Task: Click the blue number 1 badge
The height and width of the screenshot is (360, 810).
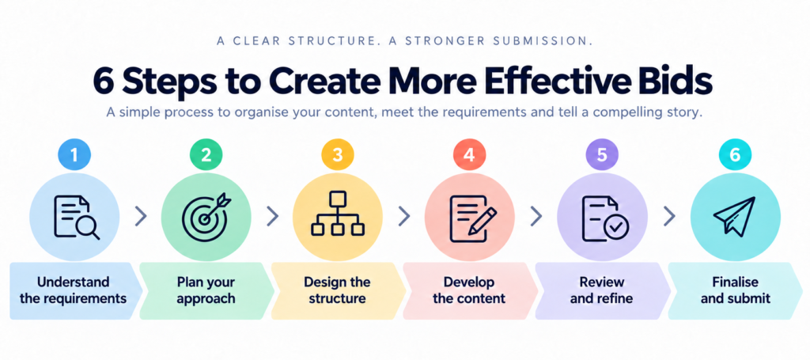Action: click(x=74, y=156)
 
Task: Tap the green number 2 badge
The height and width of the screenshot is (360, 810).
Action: click(x=206, y=156)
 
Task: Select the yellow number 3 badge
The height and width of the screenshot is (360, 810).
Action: click(x=338, y=156)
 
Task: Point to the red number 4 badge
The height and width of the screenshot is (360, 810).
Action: click(x=470, y=156)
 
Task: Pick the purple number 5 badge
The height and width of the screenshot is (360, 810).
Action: click(x=601, y=156)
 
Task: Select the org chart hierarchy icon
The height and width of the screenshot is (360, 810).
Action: click(x=338, y=214)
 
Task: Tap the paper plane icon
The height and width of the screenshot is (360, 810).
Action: click(x=734, y=215)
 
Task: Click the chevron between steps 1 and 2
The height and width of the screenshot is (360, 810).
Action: click(x=141, y=217)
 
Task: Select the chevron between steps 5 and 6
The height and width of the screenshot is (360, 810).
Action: click(x=668, y=217)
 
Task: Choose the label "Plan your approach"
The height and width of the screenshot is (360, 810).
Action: click(x=206, y=290)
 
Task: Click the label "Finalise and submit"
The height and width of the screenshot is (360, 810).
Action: click(x=736, y=290)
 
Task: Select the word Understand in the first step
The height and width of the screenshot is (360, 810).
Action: click(x=74, y=282)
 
